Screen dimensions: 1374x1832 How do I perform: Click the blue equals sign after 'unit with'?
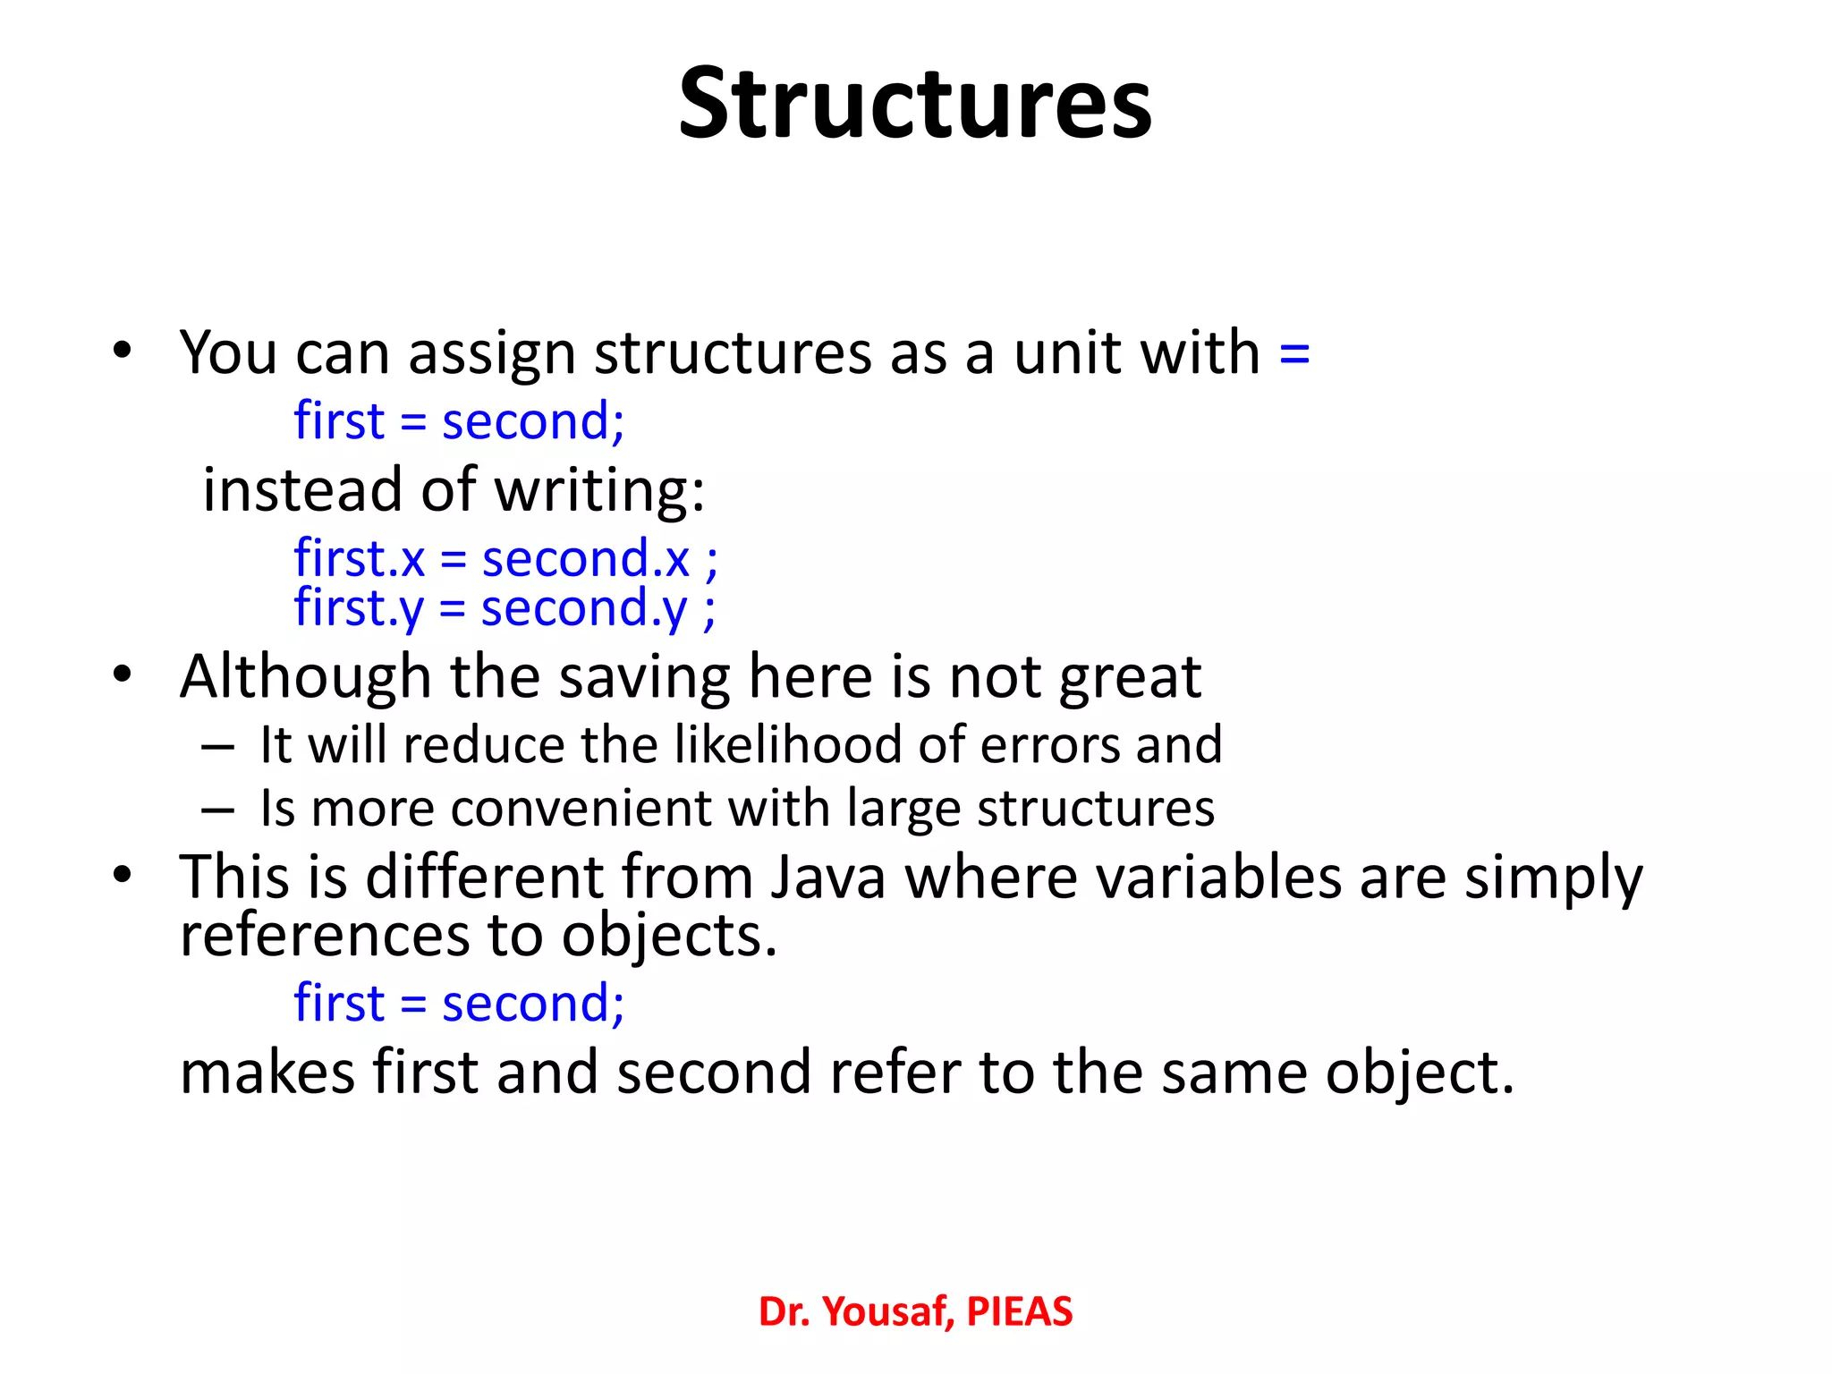tap(1294, 352)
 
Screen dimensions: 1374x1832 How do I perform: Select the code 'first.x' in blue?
tap(359, 559)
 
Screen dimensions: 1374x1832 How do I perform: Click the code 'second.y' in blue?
tap(584, 609)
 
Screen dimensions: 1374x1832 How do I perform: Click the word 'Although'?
tap(305, 677)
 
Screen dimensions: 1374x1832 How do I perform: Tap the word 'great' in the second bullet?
tap(1130, 677)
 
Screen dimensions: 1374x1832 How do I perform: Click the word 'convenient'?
tap(581, 809)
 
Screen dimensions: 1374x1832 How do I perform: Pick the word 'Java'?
tap(827, 877)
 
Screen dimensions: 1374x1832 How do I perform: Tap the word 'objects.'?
tap(669, 936)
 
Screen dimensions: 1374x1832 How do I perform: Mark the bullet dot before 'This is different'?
tap(123, 874)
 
